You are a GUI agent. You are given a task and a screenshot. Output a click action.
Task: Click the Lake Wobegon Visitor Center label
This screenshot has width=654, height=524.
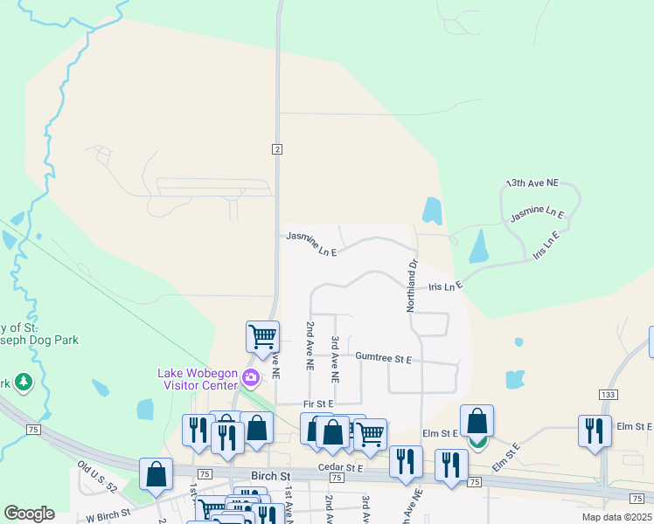[198, 379]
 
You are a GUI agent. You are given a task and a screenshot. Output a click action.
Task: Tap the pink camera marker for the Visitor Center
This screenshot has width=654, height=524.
[251, 378]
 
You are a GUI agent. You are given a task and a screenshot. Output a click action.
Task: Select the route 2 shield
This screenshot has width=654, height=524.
[276, 149]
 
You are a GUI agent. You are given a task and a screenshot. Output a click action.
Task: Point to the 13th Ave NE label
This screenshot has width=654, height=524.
[532, 183]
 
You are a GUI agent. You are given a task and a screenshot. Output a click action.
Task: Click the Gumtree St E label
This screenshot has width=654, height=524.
[383, 358]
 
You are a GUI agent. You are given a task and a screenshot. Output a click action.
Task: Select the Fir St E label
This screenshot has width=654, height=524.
[318, 404]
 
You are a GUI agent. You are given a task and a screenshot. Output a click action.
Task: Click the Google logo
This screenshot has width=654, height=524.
[30, 514]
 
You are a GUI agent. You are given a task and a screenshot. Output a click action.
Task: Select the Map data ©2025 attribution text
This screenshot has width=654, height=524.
[617, 517]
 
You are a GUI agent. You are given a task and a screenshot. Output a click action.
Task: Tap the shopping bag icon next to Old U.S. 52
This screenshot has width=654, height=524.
[156, 474]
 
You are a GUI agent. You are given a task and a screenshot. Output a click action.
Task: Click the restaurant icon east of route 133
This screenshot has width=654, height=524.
[595, 430]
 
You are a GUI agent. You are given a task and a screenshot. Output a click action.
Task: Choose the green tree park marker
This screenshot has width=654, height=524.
[23, 382]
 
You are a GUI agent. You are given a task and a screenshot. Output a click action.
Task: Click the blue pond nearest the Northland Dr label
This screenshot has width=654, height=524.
[432, 210]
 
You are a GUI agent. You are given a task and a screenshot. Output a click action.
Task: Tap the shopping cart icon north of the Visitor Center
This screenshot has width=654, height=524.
[262, 335]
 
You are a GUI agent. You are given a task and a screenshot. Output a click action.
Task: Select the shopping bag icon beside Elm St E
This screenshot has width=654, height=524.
[477, 421]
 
